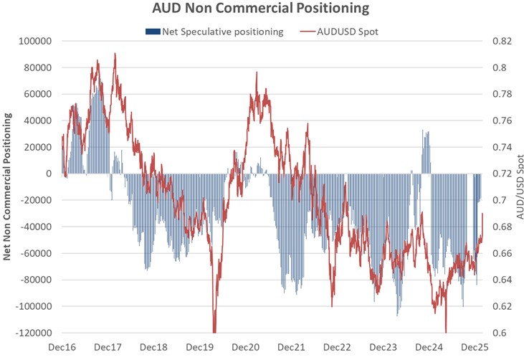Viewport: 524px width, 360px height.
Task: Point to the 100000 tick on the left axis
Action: (37, 42)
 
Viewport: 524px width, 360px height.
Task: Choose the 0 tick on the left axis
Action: (49, 174)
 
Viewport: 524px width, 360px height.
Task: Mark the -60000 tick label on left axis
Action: (37, 253)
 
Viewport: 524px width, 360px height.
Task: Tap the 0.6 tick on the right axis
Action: (499, 333)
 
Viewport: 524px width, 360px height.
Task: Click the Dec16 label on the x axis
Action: (62, 347)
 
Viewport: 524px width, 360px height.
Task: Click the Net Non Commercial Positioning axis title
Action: (8, 187)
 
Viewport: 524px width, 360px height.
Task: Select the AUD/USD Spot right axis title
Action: (518, 187)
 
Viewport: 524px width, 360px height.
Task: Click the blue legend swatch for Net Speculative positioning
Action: (153, 31)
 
